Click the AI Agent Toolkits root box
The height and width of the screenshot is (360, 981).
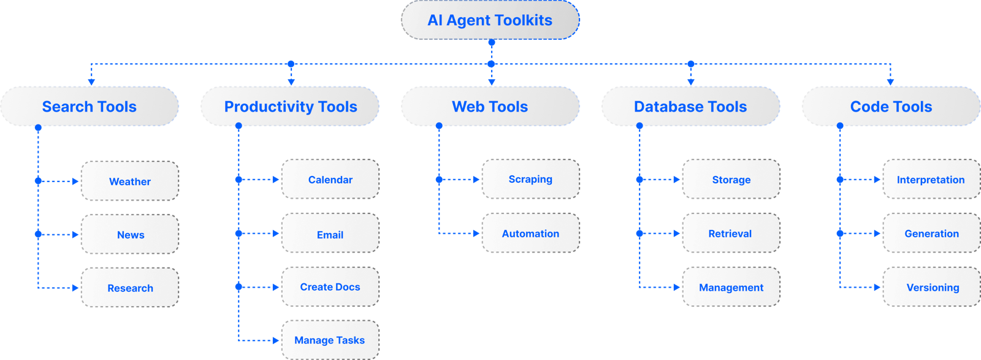click(x=490, y=20)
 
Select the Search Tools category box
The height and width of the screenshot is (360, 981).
click(x=90, y=107)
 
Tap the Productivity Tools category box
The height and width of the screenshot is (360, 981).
click(x=290, y=107)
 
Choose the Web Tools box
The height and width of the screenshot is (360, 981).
click(x=490, y=107)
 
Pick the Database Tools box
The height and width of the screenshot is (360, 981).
click(x=690, y=107)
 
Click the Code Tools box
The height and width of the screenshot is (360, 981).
click(x=891, y=107)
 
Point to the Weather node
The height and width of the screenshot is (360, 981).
click(x=130, y=181)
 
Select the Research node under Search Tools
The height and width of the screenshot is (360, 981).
click(x=130, y=288)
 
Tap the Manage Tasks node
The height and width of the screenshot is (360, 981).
click(x=330, y=340)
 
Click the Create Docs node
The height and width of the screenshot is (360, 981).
click(x=330, y=286)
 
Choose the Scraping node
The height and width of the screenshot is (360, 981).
click(x=530, y=179)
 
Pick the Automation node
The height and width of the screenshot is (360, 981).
click(x=530, y=233)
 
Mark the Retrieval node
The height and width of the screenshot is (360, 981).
click(x=731, y=233)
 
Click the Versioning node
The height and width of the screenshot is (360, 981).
click(x=931, y=287)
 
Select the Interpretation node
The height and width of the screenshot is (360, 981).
click(x=931, y=179)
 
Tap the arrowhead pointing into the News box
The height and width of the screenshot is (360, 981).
click(x=75, y=234)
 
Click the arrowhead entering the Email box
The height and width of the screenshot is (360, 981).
click(x=276, y=233)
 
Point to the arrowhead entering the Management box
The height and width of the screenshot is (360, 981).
click(x=677, y=287)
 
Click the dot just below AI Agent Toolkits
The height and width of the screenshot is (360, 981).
click(x=491, y=43)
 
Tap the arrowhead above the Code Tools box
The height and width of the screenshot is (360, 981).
click(x=890, y=82)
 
